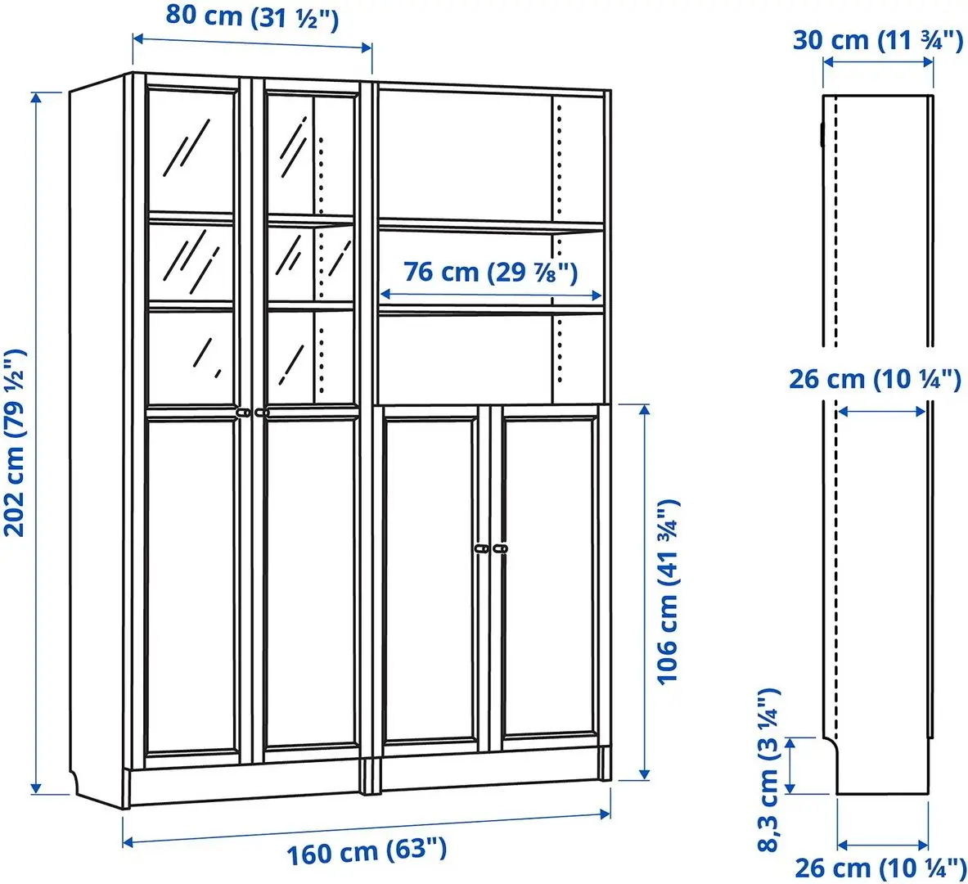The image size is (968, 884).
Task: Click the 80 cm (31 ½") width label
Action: [252, 16]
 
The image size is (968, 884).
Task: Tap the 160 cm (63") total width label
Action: [366, 852]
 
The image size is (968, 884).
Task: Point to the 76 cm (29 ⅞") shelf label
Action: [491, 272]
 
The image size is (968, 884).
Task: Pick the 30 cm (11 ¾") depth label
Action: [877, 39]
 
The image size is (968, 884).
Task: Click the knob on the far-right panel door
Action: [499, 548]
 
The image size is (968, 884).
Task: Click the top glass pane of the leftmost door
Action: [191, 151]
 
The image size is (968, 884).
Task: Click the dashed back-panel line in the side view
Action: [835, 246]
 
